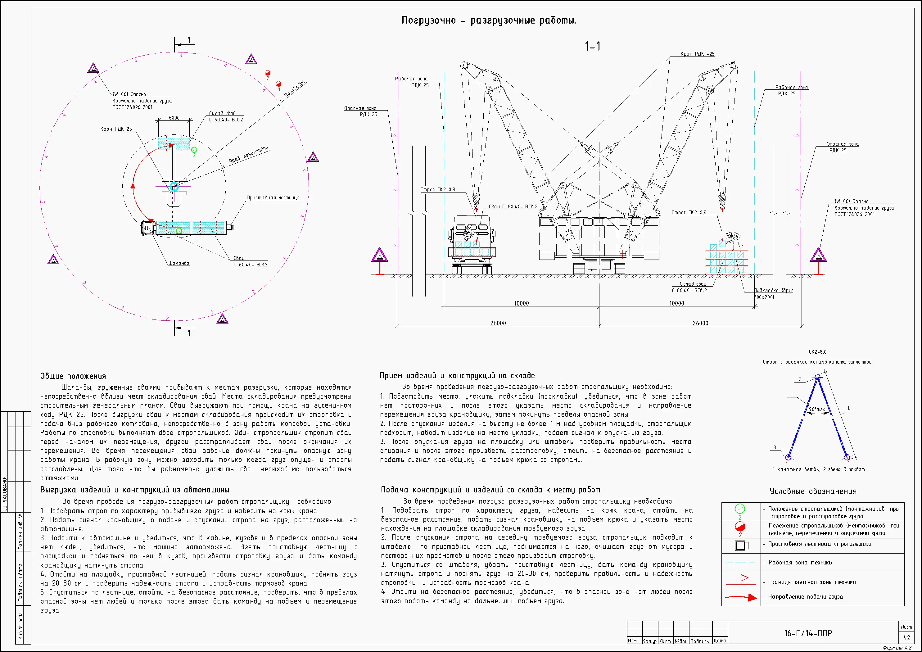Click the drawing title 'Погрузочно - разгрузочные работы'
coord(489,20)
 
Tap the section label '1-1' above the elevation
coord(592,47)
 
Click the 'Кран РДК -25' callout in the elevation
coord(697,54)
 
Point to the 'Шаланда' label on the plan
coord(179,263)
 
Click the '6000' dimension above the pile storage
coord(174,118)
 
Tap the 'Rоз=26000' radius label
coord(295,88)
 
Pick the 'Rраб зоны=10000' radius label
coord(249,155)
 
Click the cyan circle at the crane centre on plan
coord(174,186)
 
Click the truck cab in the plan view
coord(147,228)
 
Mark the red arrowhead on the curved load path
coord(133,186)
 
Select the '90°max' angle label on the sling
coord(816,409)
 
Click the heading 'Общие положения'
coord(73,376)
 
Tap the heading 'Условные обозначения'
coord(813,491)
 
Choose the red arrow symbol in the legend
coord(741,597)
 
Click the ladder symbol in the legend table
coord(741,546)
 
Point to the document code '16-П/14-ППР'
coord(808,633)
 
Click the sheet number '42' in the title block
coord(906,637)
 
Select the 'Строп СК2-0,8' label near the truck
coord(438,190)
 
